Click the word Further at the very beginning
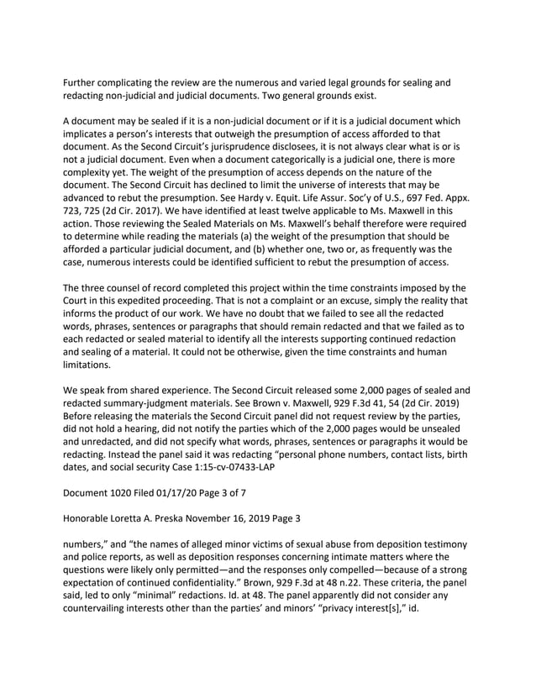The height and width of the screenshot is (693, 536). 86,82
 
